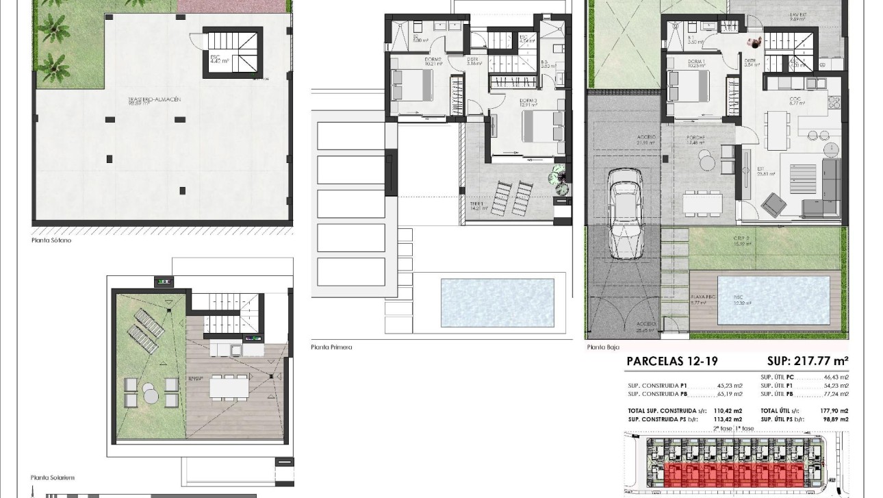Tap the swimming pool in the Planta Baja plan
(772, 300)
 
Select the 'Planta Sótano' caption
(51, 240)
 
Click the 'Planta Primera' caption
(331, 347)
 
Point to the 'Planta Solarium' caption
(53, 477)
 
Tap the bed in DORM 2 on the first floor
(411, 85)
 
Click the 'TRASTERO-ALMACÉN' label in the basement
(144, 100)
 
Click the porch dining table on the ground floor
(702, 203)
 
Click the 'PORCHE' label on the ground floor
(697, 138)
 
